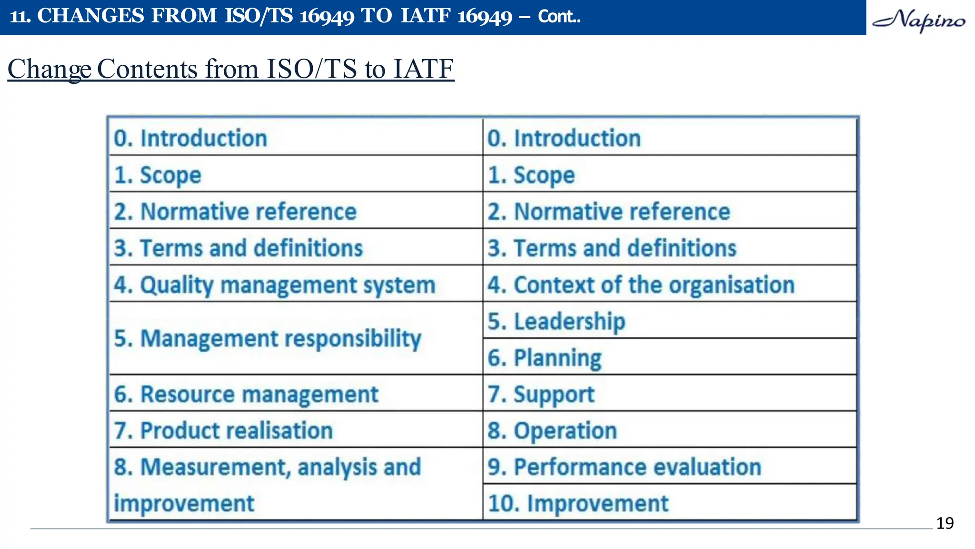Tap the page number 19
(945, 523)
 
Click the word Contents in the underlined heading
(147, 69)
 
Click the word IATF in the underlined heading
(423, 69)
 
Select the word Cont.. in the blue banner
(559, 17)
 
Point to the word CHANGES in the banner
(90, 16)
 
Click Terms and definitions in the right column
(612, 248)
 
